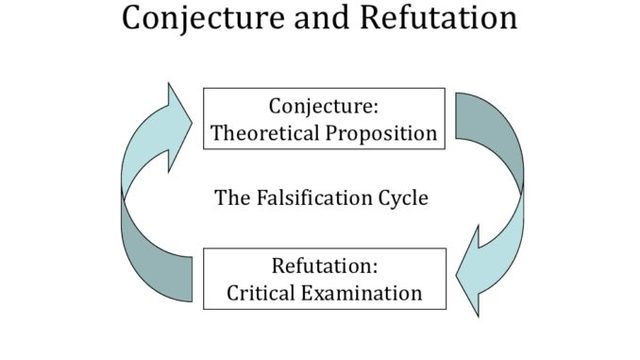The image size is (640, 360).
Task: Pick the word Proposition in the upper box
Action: pos(384,133)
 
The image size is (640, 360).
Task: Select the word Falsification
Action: pos(313,197)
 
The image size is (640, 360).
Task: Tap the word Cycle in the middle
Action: pos(403,197)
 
